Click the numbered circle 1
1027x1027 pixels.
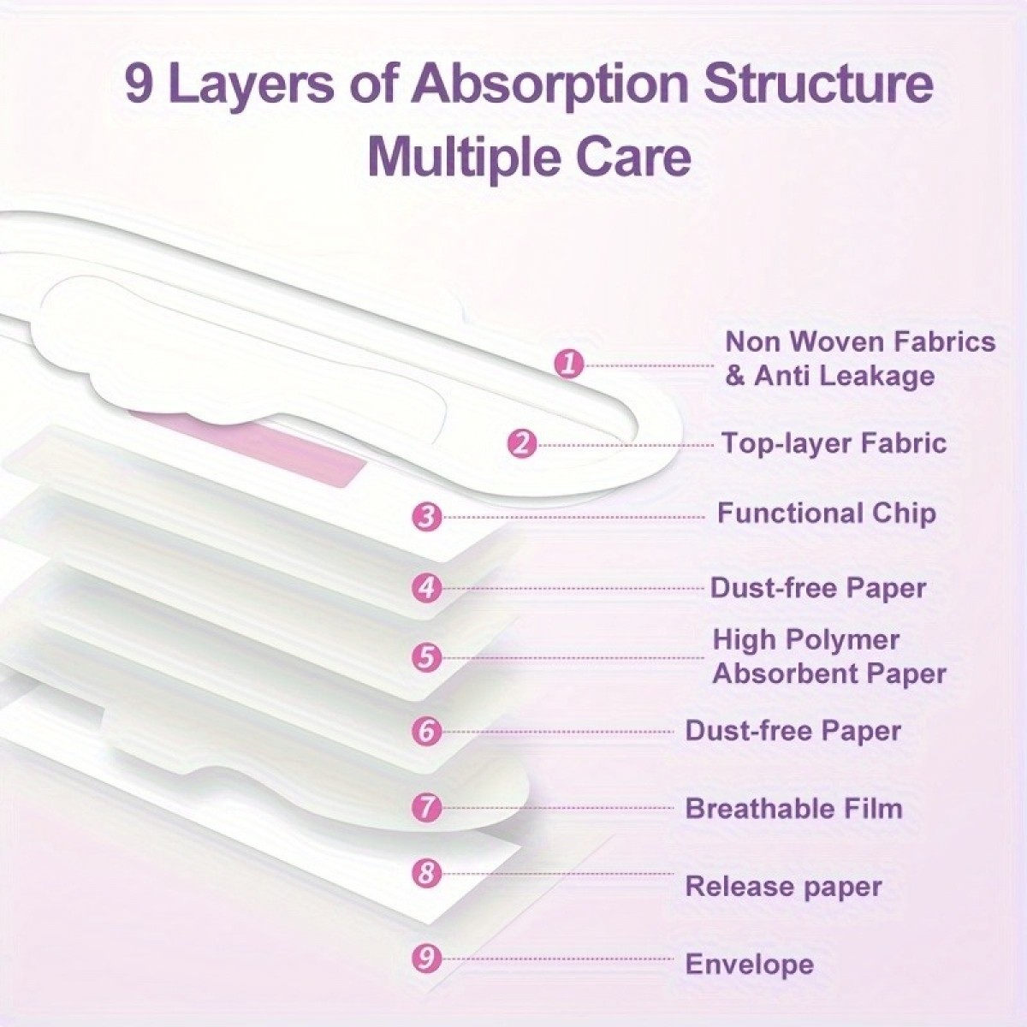[569, 365]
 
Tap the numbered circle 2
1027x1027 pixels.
[522, 444]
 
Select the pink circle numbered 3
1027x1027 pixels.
[427, 517]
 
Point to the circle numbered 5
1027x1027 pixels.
[427, 657]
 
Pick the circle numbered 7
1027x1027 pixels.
[427, 807]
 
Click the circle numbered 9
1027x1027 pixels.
[427, 959]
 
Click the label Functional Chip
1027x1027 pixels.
[827, 513]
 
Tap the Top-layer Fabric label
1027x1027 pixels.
[834, 442]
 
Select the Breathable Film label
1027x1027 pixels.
[793, 807]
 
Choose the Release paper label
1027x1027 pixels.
[783, 887]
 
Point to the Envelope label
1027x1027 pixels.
[750, 965]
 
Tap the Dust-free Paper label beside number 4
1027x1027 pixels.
[818, 588]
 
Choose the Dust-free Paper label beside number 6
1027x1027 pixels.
[793, 730]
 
